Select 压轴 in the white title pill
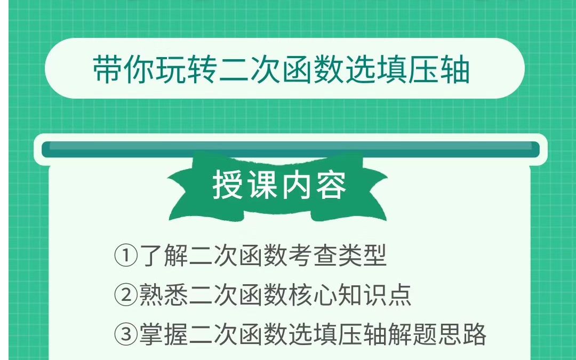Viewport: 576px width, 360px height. click(438, 70)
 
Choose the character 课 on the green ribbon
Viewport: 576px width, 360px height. click(262, 185)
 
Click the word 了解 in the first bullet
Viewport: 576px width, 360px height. click(164, 257)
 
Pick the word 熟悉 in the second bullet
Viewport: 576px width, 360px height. click(164, 295)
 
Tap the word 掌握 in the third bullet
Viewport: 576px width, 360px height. click(164, 334)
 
